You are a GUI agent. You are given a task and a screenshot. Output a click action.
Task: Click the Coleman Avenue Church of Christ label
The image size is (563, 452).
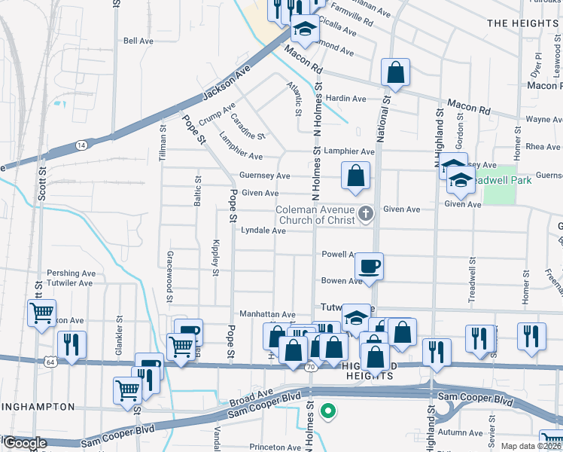(x=315, y=215)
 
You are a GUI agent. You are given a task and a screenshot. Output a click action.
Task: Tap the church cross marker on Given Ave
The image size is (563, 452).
(x=367, y=214)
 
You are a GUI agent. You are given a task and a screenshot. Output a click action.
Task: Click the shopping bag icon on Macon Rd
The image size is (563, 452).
(x=395, y=72)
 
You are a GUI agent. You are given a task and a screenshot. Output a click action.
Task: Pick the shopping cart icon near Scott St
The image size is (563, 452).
(x=41, y=313)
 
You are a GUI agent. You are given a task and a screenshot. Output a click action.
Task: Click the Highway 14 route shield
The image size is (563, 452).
(x=81, y=143)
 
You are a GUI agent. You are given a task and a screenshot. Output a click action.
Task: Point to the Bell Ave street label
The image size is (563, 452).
(x=138, y=41)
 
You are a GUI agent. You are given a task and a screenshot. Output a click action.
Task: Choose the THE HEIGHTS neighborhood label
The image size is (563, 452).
(x=522, y=23)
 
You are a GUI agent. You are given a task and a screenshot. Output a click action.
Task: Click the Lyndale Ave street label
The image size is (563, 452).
(x=263, y=231)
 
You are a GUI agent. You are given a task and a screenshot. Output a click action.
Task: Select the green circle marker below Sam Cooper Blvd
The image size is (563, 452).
(x=327, y=411)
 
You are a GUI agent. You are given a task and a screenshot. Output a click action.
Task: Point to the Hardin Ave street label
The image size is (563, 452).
(x=345, y=99)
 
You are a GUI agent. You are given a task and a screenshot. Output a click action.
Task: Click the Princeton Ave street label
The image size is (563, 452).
(x=275, y=447)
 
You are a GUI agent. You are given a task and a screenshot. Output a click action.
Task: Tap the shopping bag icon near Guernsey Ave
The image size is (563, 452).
(x=355, y=176)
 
